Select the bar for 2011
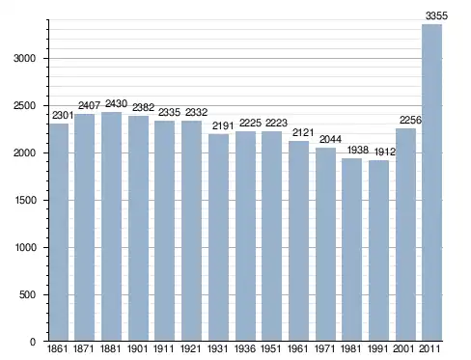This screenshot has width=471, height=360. pos(431,182)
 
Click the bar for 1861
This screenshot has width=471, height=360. pos(59,233)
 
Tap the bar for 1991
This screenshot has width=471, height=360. pos(378,251)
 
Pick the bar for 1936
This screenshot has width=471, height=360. pos(245,235)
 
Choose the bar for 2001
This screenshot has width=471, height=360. pos(405,235)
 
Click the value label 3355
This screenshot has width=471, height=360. pos(436,15)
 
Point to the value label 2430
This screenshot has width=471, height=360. pos(116,103)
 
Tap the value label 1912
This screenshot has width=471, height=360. pos(385,152)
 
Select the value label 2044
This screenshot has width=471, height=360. pos(330,139)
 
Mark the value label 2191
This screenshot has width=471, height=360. pos(223,125)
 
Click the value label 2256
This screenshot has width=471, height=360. pos(410,120)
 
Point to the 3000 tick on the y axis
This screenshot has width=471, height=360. pos(24,58)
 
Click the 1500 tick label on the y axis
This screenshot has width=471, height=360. pos(25,200)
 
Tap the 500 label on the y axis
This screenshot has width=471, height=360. pos(27,294)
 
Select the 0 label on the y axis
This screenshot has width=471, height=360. pos(33,342)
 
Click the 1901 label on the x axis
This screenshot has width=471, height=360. pos(137,348)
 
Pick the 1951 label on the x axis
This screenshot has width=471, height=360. pos(271,348)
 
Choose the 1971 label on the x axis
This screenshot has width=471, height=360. pos(324,348)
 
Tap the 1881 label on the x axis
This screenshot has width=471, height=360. pos(110,348)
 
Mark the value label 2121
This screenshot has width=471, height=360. pos(303,132)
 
